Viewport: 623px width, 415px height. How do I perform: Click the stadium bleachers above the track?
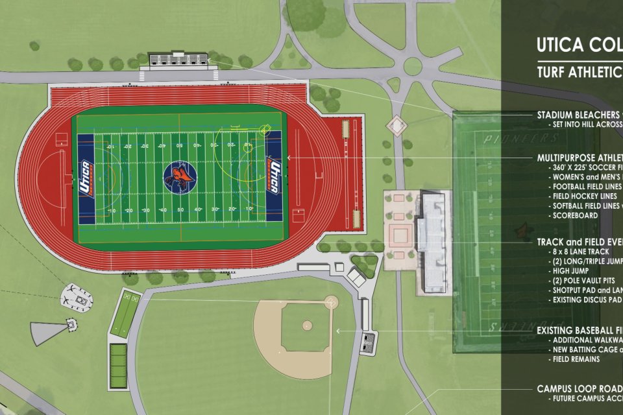(179, 61)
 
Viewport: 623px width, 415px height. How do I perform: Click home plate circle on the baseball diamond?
(331, 302)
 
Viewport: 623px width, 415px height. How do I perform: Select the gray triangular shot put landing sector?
(48, 331)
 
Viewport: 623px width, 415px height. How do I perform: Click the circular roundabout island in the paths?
(413, 66)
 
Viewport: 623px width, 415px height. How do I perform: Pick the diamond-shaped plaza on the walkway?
(395, 124)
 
